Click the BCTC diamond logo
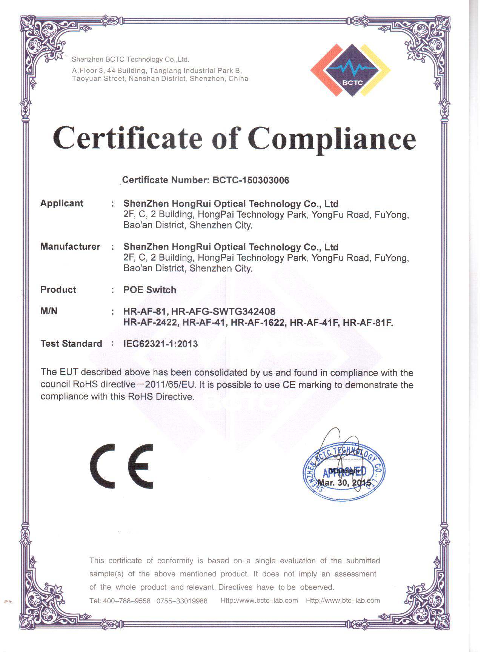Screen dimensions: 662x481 350,71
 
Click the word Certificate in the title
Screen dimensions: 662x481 128,138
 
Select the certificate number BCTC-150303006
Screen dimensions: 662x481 251,180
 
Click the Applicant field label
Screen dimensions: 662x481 62,203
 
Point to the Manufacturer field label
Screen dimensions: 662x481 70,247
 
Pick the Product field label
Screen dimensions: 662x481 58,290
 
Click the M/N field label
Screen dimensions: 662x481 49,311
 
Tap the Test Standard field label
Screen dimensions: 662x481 71,344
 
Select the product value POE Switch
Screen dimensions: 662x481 150,290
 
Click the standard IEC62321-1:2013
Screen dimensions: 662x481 160,344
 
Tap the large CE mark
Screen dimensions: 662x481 121,466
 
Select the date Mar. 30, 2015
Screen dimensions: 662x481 344,483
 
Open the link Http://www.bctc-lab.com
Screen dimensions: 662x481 259,601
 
